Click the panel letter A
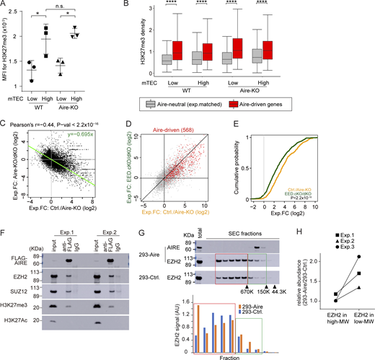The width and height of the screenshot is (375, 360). [5, 5]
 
